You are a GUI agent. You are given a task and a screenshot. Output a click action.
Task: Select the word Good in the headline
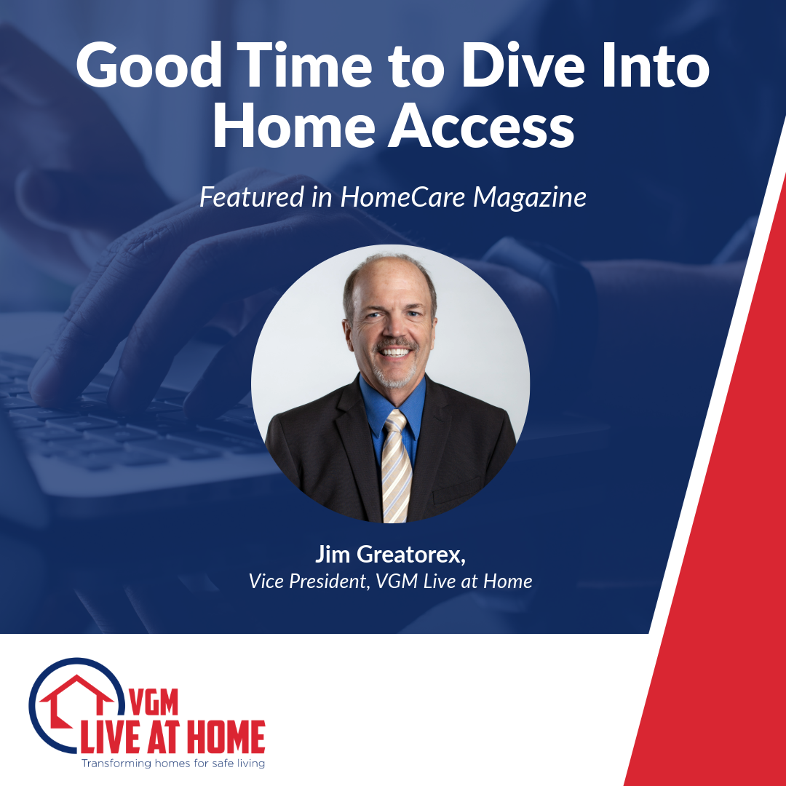(149, 66)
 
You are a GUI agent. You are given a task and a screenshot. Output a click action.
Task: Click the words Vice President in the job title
(306, 581)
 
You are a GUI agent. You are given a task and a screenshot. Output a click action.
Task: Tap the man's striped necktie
(397, 466)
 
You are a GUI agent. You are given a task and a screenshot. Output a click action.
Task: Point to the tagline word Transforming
(116, 763)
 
